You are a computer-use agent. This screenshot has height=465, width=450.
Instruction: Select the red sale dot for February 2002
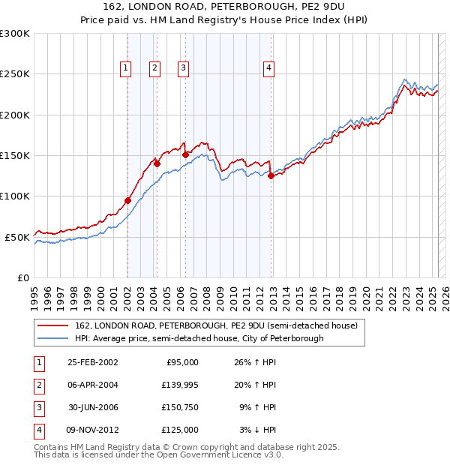pyautogui.click(x=127, y=200)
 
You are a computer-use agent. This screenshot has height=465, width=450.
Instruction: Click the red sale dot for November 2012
pyautogui.click(x=271, y=176)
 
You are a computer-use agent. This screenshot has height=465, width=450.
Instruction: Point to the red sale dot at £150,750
pyautogui.click(x=185, y=155)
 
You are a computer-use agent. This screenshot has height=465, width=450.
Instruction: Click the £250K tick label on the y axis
pyautogui.click(x=15, y=74)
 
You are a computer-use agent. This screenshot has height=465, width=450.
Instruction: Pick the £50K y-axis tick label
pyautogui.click(x=18, y=237)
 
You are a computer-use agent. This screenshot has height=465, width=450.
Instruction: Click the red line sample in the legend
pyautogui.click(x=52, y=325)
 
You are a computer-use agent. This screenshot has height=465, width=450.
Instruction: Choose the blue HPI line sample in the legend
pyautogui.click(x=52, y=338)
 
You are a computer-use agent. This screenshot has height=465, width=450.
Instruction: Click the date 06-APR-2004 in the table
pyautogui.click(x=92, y=385)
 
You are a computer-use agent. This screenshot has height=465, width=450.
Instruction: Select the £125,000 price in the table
pyautogui.click(x=181, y=430)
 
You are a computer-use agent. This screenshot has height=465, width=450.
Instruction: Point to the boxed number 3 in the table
pyautogui.click(x=37, y=407)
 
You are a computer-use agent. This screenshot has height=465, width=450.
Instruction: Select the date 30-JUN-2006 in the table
pyautogui.click(x=92, y=407)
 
